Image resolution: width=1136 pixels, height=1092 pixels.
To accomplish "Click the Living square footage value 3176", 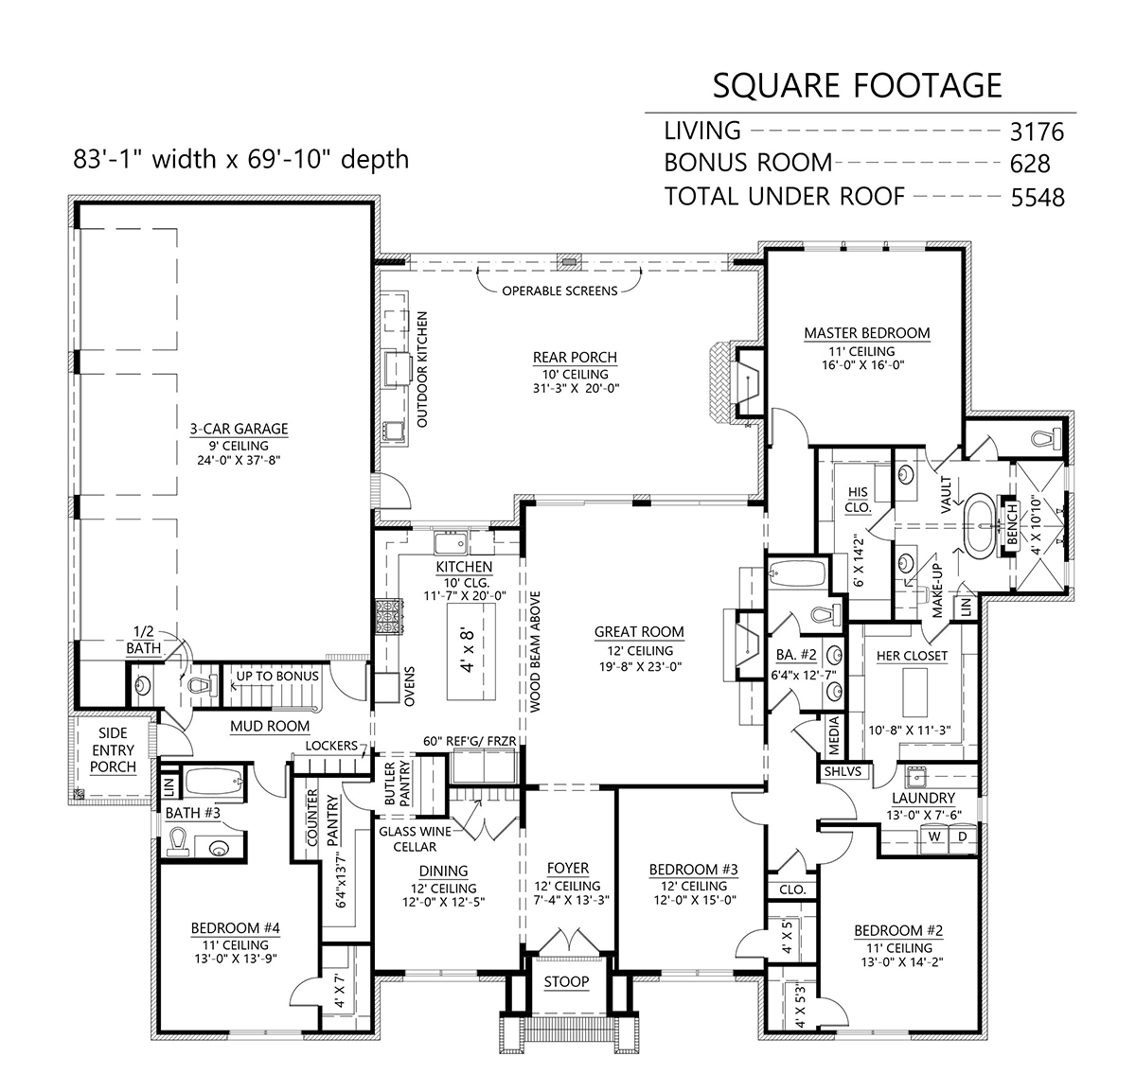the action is point(1037,132).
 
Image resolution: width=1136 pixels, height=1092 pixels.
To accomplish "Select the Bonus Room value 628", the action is point(1030,164).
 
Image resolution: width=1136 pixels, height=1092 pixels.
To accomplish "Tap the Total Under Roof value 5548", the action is point(1038,198).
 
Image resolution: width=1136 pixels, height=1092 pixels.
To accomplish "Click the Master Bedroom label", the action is point(867,333).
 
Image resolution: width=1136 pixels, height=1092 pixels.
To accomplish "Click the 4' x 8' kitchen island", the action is point(471,651).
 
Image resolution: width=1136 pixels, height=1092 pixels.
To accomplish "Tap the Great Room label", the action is point(639,632).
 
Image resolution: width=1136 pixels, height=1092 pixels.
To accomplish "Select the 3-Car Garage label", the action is point(239,429).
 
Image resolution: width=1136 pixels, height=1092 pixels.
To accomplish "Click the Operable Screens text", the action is point(559,291).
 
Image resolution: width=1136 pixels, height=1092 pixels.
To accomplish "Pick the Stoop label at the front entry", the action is point(566,981).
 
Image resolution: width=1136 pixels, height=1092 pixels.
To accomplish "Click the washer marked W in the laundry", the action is point(934,837).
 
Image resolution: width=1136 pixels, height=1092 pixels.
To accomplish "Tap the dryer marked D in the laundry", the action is point(963,837).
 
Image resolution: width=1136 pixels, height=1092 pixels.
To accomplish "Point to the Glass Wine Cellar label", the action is point(415,838).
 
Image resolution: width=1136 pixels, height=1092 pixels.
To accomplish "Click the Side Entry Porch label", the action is point(113,750).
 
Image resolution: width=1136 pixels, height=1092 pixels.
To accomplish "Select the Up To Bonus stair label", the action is point(277,676).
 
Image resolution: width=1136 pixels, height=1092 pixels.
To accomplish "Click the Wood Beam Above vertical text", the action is point(535,651).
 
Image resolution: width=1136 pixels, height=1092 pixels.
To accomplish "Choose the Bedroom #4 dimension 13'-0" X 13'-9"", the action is point(236,958).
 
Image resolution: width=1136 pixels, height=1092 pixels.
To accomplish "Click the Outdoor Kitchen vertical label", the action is point(422,369).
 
